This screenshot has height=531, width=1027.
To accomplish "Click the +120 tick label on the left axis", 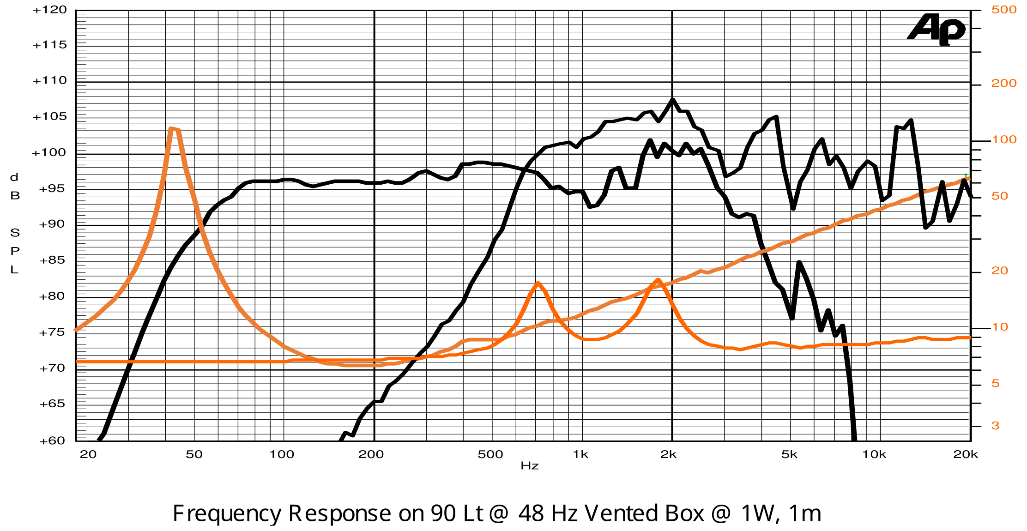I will coord(49,10).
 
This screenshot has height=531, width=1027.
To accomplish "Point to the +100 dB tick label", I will coord(48,153).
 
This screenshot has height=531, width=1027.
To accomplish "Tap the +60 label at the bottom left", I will coord(52,440).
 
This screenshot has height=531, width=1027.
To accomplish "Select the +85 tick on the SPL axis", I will coord(52,260).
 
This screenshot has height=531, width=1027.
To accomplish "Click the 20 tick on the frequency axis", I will coord(88,454).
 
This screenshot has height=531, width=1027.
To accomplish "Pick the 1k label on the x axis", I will coord(580,454).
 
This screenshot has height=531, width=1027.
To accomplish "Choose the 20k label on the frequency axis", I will coord(966,454).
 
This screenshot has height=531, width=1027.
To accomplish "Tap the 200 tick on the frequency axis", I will coord(371,454).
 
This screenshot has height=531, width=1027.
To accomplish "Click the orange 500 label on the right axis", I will coord(1004,10).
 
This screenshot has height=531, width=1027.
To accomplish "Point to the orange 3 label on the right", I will coord(996,426).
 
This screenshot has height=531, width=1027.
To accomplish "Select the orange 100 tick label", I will coord(1004,139).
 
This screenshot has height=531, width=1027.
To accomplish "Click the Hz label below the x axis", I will coord(530,466).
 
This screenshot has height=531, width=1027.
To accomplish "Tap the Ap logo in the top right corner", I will coord(937,29).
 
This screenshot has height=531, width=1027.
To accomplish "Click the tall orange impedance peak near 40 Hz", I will coord(172,129).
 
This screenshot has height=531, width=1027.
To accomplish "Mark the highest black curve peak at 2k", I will coord(672,99).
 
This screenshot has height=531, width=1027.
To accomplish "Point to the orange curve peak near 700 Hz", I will coord(538,283).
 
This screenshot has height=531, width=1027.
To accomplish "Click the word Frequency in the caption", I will coord(226,513).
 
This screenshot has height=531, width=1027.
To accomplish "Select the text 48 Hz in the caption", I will coord(548,513).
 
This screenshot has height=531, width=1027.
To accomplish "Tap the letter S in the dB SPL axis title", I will coord(15,233).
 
